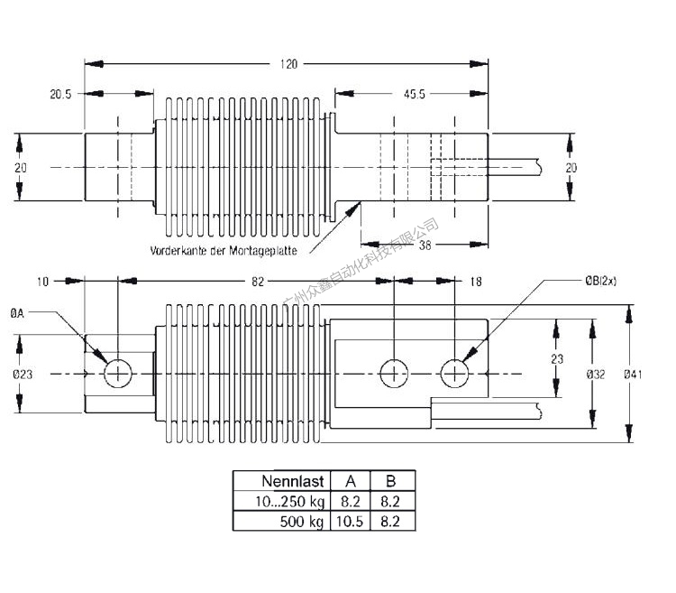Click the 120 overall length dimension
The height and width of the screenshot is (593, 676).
[288, 64]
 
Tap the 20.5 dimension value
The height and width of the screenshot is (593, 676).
[60, 94]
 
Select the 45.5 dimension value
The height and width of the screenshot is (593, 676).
[416, 94]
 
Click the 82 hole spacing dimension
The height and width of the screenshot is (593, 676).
[258, 282]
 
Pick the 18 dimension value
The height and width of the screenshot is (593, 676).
[476, 282]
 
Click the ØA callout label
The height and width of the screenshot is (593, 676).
[17, 314]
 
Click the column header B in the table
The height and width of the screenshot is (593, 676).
[390, 481]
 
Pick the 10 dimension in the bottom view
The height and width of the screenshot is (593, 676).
[42, 282]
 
